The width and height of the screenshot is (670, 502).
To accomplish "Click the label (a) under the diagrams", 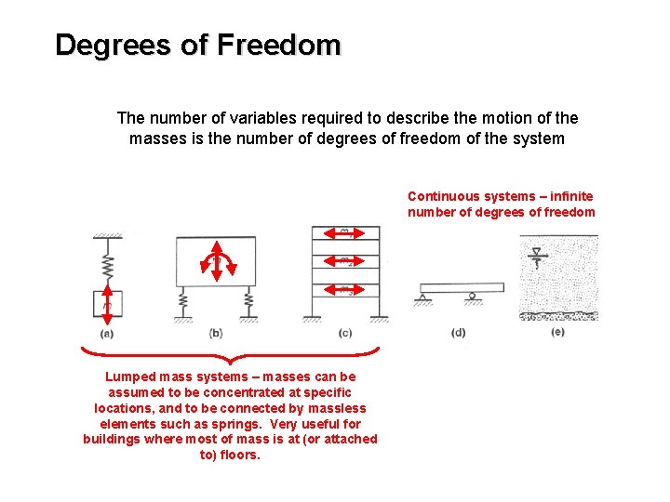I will [x=107, y=334].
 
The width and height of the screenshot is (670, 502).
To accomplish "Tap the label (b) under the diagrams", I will [x=216, y=333].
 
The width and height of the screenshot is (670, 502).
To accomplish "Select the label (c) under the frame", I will [x=345, y=333].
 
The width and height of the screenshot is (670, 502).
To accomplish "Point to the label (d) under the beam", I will [x=458, y=333].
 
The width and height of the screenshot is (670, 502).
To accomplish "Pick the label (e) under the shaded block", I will [x=557, y=332].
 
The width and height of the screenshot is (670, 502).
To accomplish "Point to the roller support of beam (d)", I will [x=474, y=297].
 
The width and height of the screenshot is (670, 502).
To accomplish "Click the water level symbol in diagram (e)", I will [x=536, y=253].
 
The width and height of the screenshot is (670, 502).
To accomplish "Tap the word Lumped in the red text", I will [x=130, y=376].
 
